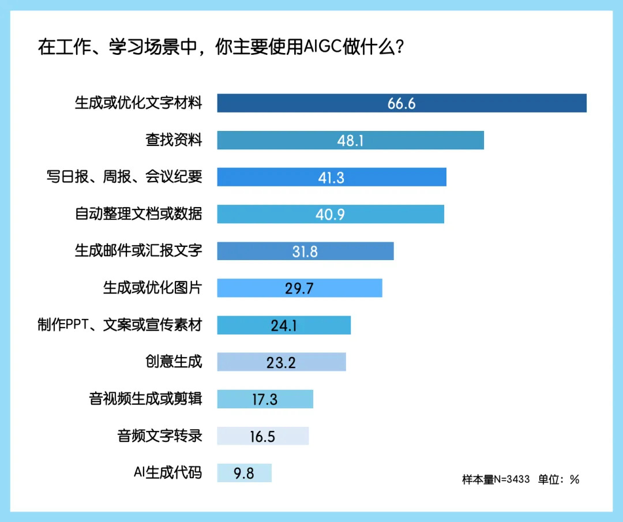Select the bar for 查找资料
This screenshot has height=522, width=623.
coord(350,140)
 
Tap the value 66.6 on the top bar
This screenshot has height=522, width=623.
coord(401,104)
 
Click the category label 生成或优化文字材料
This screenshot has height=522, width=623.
coord(138,104)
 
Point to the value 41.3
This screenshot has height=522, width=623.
coord(331,178)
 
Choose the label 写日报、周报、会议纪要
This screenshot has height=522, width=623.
coord(124,177)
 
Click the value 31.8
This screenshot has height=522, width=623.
coord(305,251)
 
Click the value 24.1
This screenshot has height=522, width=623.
coord(284,325)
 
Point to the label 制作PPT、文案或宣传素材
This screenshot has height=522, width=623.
coord(120,325)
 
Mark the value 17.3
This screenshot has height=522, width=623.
coord(265,399)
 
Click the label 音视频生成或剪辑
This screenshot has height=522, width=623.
coord(145,399)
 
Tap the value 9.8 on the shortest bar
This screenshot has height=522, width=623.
coord(244,473)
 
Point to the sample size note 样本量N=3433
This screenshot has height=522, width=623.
coord(496,479)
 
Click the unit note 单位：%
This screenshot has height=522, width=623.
coord(558,479)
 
